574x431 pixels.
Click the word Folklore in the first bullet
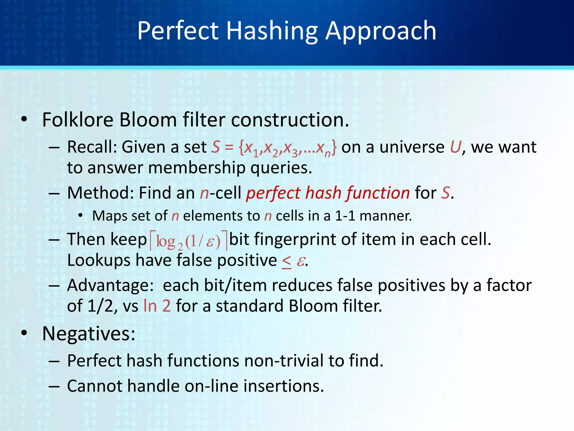point(78,120)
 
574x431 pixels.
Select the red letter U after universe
point(455,147)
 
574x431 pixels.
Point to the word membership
point(196,168)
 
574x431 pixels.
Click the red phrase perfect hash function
point(328,193)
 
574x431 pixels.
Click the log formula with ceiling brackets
point(188,241)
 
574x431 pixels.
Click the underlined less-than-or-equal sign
point(286,262)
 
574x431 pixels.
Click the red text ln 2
point(157,306)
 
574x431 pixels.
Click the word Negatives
point(89,334)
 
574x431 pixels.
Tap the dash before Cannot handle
point(54,386)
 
